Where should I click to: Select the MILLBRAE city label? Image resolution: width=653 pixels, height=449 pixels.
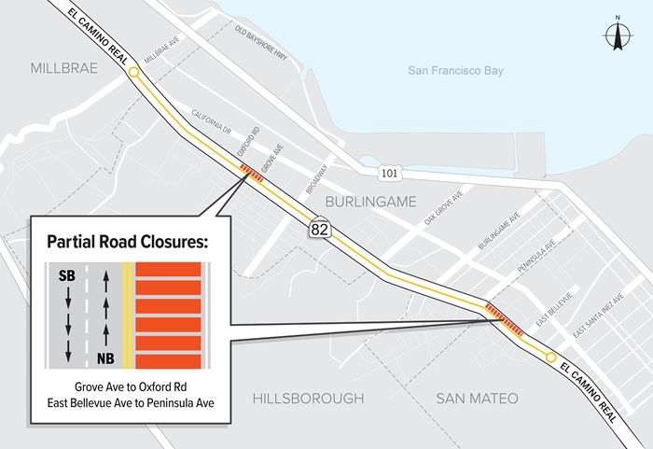tap(64, 68)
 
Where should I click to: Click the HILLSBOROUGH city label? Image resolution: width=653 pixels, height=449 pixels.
tap(308, 399)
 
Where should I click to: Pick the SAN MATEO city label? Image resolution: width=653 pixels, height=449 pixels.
tap(477, 399)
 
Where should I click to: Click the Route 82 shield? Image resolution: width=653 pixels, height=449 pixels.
tap(320, 226)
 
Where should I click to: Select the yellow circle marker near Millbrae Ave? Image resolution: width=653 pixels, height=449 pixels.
tap(134, 72)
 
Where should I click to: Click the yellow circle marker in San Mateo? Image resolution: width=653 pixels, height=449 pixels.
tap(550, 358)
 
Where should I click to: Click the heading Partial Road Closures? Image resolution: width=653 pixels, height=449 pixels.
tap(127, 242)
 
